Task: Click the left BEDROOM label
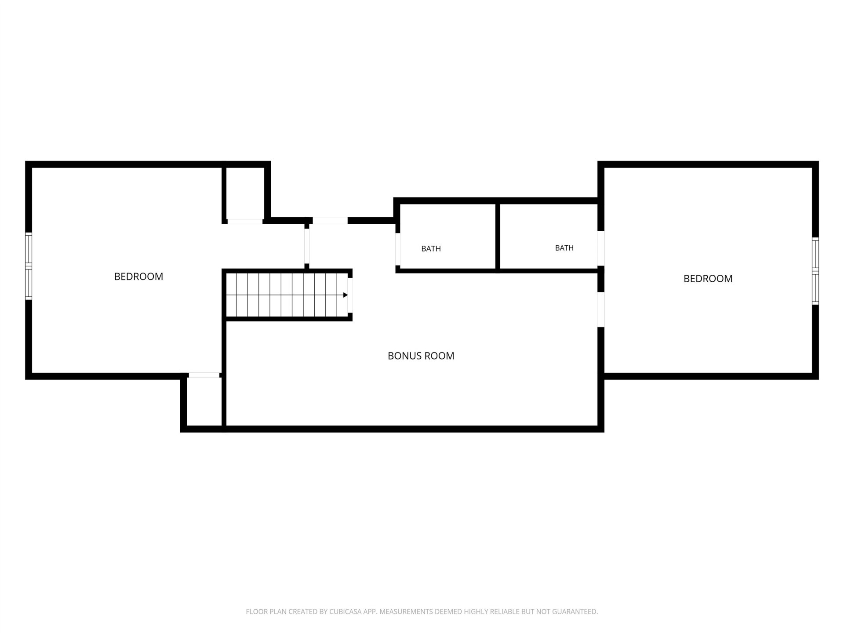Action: tap(138, 276)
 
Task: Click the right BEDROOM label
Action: tap(708, 279)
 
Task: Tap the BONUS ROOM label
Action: tap(421, 356)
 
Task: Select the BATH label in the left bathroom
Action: tap(431, 249)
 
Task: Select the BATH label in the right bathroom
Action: tap(564, 248)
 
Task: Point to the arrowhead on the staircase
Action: tap(346, 295)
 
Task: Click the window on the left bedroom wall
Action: tap(29, 266)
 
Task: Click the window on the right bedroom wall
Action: tap(815, 271)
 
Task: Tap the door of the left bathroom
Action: tap(398, 249)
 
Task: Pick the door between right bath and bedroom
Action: tap(601, 248)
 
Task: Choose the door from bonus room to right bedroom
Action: tap(601, 310)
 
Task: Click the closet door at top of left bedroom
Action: tap(245, 221)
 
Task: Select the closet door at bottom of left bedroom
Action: tap(204, 375)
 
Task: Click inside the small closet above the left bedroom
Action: tap(245, 193)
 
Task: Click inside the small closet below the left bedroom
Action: tap(204, 401)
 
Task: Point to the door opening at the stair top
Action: tap(350, 295)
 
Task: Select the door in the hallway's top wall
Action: tap(330, 220)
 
